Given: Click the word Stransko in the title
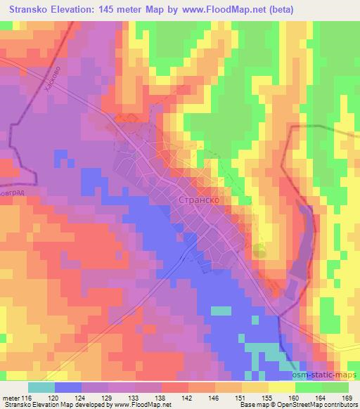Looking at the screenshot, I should click(32, 9).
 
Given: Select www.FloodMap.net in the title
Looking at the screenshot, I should click(230, 9).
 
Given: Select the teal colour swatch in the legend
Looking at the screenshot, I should click(41, 387).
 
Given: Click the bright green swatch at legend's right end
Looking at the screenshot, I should click(336, 387).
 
